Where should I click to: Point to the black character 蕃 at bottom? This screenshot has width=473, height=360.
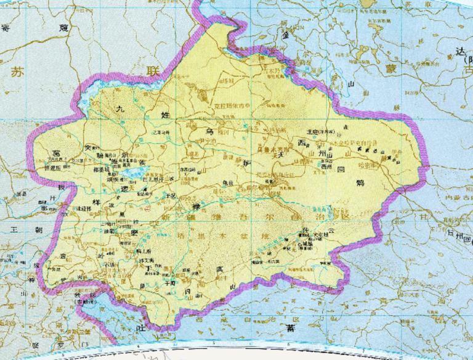click(290, 328)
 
